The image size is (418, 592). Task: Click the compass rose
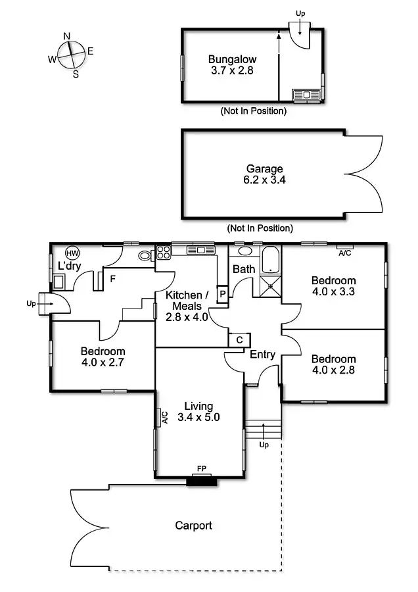pyautogui.click(x=71, y=54)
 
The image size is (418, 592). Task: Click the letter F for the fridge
pyautogui.click(x=113, y=279)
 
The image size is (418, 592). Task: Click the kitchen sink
pyautogui.click(x=197, y=250)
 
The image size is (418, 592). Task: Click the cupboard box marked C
pyautogui.click(x=239, y=339)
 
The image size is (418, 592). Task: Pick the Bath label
pyautogui.click(x=243, y=269)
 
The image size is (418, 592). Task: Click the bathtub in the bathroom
pyautogui.click(x=271, y=261)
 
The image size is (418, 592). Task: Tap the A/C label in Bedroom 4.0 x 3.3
pyautogui.click(x=344, y=253)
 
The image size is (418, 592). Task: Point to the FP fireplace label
pyautogui.click(x=201, y=469)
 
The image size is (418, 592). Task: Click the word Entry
pyautogui.click(x=263, y=355)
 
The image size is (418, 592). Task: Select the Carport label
pyautogui.click(x=193, y=525)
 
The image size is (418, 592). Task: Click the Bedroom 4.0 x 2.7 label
pyautogui.click(x=103, y=357)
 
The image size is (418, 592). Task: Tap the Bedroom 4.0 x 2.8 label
pyautogui.click(x=333, y=364)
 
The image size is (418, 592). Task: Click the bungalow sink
pyautogui.click(x=306, y=95)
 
